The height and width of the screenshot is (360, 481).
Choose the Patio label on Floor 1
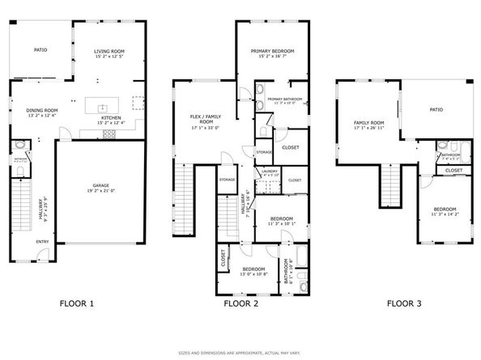40,49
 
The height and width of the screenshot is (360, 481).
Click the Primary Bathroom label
287,99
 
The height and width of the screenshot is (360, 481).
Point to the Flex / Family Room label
206,119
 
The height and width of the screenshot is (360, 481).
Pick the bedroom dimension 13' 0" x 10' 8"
253,274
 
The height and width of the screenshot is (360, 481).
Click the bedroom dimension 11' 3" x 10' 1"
281,224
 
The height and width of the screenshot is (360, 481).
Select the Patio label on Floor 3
436,109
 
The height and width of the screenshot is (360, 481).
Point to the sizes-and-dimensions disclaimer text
240,353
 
